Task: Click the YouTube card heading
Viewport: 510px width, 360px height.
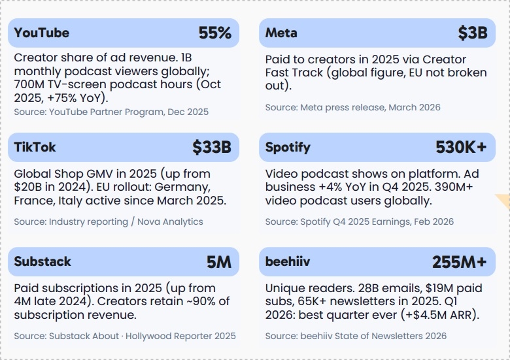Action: click(x=42, y=33)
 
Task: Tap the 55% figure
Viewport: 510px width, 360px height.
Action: click(x=215, y=33)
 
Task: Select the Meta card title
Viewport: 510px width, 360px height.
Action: click(x=281, y=33)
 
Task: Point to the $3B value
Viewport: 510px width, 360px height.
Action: click(x=473, y=33)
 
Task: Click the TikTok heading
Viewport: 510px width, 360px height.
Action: click(x=35, y=147)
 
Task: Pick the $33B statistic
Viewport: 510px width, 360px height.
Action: click(x=212, y=147)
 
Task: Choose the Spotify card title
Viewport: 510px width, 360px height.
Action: click(x=288, y=148)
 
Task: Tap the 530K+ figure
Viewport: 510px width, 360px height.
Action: click(x=461, y=147)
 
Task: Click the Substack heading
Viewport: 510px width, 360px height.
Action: click(x=42, y=261)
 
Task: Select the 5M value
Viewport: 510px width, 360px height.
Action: click(x=219, y=262)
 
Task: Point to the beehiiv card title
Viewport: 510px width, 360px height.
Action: click(x=288, y=261)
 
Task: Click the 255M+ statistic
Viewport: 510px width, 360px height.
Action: click(x=460, y=262)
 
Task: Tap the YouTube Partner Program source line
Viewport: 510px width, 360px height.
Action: click(x=111, y=112)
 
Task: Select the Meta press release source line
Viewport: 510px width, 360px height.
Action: click(x=353, y=108)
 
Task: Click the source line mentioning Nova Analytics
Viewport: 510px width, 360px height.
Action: click(x=109, y=221)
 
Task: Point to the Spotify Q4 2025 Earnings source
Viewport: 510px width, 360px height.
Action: click(x=360, y=221)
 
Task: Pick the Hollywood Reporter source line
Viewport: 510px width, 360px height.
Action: click(x=125, y=336)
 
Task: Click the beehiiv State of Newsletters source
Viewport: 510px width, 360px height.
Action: click(x=356, y=336)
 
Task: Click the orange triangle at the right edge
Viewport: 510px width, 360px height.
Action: click(x=505, y=200)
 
